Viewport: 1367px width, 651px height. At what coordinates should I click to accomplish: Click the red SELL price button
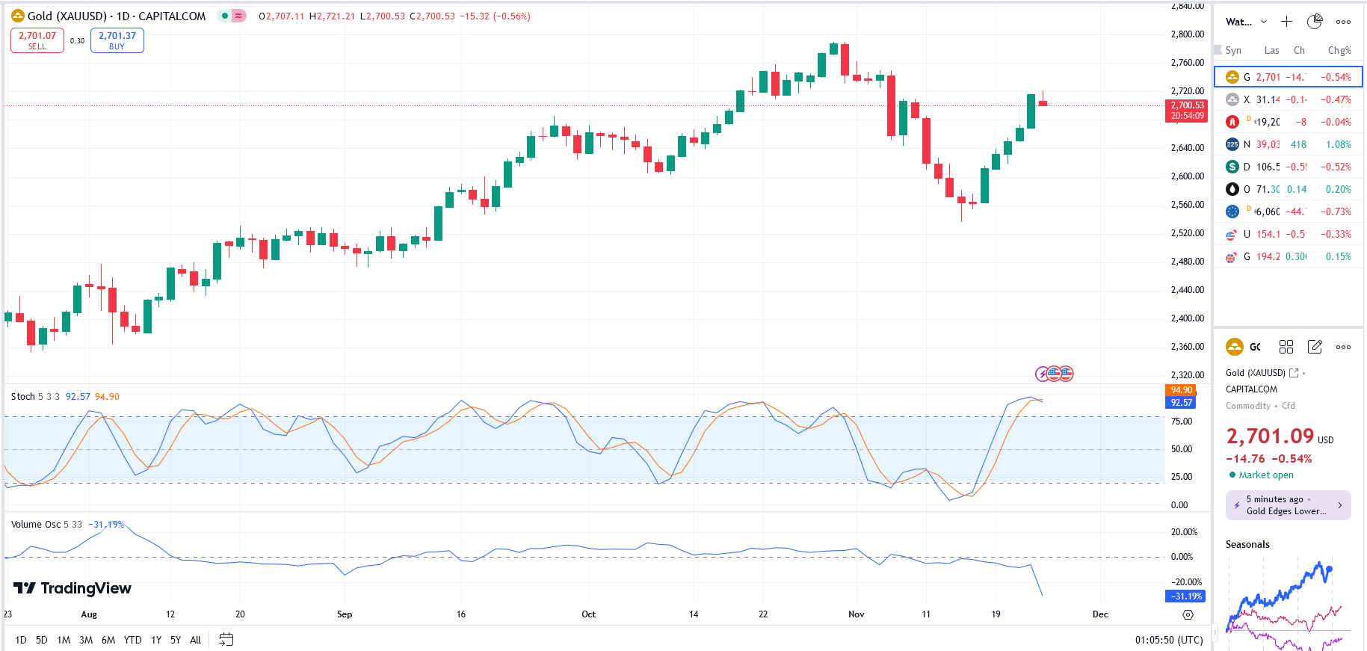point(37,40)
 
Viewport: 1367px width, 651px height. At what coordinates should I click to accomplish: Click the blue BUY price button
point(117,40)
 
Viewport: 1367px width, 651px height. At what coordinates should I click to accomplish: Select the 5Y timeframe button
point(176,640)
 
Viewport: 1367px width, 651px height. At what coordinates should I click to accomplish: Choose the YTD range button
point(132,640)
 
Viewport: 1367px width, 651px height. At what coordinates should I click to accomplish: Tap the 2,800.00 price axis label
point(1187,34)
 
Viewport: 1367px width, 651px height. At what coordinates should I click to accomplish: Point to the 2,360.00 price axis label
point(1187,347)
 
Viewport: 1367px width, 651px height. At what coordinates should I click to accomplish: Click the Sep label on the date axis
point(345,614)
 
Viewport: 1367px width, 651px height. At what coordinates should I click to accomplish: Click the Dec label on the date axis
point(1100,614)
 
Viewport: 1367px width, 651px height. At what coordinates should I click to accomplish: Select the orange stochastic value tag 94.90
point(1181,390)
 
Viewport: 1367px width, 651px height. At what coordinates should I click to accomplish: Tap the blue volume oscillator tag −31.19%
point(1185,596)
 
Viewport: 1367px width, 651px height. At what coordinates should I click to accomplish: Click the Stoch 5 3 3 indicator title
point(35,397)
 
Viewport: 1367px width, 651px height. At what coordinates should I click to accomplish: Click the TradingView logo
point(72,589)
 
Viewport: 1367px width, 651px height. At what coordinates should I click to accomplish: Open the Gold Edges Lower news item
point(1288,505)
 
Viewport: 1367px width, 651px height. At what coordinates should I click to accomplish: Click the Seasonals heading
point(1247,544)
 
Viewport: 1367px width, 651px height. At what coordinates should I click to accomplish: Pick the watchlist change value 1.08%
point(1338,144)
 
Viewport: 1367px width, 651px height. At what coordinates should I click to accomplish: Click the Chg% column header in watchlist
point(1339,51)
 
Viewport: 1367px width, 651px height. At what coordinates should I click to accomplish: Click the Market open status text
point(1265,475)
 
